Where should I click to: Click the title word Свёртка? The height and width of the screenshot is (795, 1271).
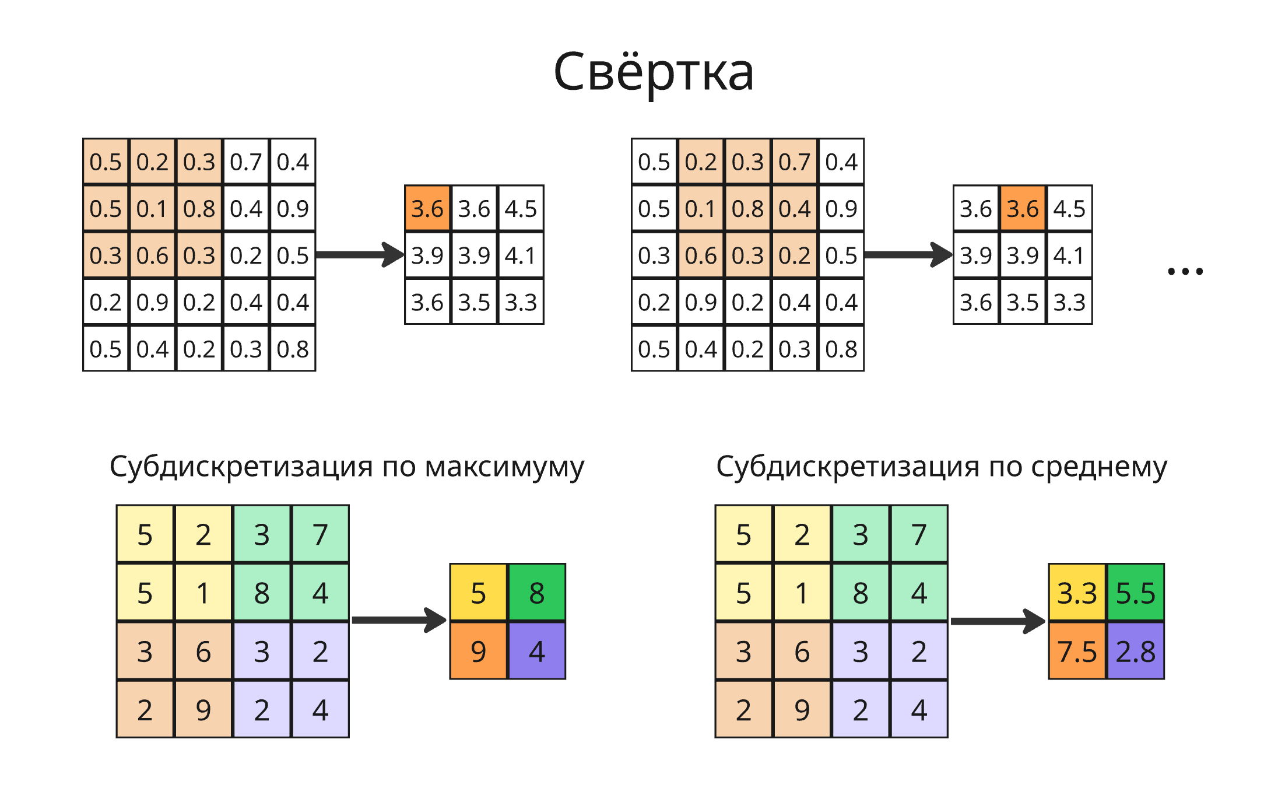click(653, 72)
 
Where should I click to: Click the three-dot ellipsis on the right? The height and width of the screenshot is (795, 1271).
click(1185, 271)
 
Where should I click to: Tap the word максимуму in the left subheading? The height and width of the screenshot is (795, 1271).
click(504, 467)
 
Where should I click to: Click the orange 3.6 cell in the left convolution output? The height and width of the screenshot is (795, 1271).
click(427, 208)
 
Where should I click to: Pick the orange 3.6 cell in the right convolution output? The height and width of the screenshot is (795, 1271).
click(1023, 208)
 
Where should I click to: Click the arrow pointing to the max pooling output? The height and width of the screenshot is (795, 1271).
click(399, 620)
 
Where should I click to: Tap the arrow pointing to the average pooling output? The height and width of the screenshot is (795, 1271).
click(998, 621)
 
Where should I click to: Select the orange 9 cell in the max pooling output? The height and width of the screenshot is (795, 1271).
click(478, 651)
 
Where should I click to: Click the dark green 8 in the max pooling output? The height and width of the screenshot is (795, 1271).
click(537, 593)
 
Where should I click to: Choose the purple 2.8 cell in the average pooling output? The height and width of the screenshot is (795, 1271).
click(1135, 651)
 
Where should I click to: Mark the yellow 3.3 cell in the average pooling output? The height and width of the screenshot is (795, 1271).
click(1077, 593)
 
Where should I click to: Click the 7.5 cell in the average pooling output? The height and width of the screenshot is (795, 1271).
click(1077, 651)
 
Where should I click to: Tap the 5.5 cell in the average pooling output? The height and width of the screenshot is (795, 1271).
click(1135, 593)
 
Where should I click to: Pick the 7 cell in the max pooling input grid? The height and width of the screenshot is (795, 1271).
click(320, 534)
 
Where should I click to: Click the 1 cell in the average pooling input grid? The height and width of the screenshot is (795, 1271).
click(802, 593)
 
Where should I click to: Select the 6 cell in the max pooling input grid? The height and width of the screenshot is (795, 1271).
click(203, 651)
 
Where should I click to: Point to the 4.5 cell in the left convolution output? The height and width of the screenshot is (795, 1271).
click(521, 208)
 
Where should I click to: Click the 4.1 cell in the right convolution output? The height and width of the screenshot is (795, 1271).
click(1069, 255)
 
